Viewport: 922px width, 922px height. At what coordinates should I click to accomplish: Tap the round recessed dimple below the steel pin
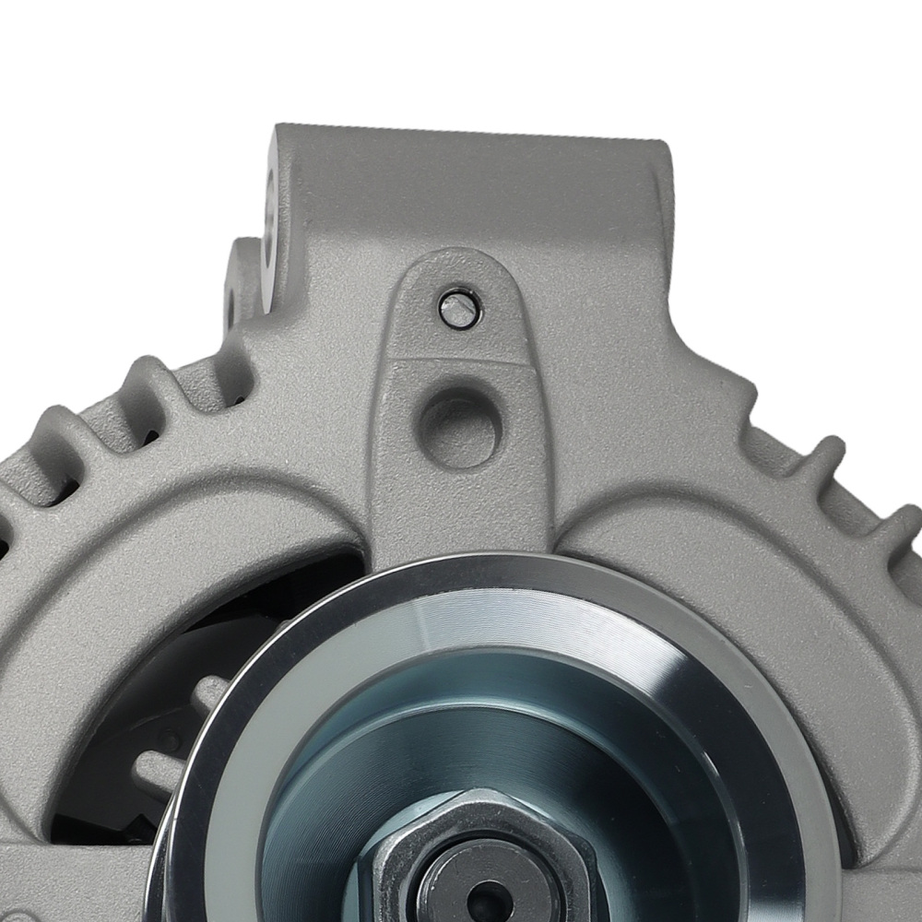[x=461, y=427]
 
